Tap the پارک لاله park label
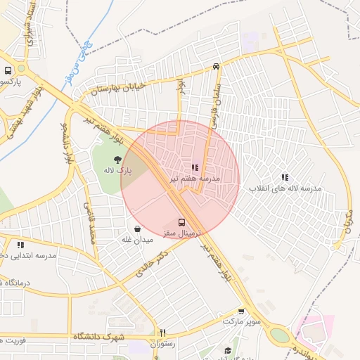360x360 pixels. (117, 171)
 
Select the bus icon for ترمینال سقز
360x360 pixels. (182, 221)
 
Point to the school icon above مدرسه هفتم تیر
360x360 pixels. (195, 168)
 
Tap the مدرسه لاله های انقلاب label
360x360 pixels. (285, 189)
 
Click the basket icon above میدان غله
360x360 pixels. (137, 229)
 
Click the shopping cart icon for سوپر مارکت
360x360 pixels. (241, 311)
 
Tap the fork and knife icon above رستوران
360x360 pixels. (162, 333)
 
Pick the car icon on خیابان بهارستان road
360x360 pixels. (216, 67)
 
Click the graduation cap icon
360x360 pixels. (227, 351)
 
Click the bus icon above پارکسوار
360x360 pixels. (8, 71)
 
